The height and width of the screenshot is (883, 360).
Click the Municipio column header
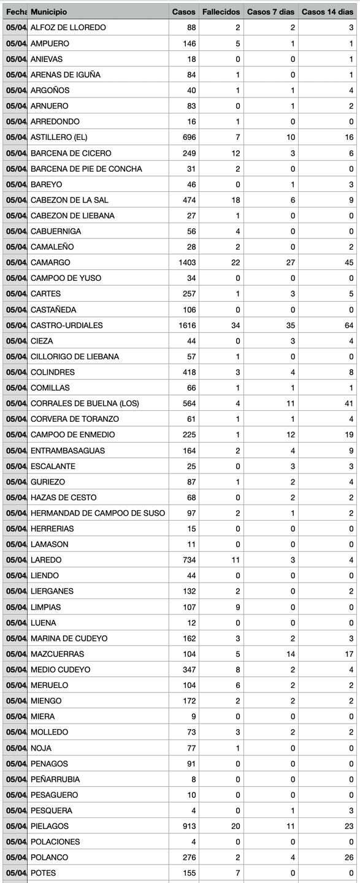pos(49,12)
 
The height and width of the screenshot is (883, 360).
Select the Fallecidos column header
pos(221,12)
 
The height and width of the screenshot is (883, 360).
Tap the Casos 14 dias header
pos(328,12)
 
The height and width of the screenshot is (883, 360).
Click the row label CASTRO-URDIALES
pos(67,325)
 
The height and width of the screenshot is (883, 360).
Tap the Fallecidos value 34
pos(236,325)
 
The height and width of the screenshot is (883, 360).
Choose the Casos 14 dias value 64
pos(349,325)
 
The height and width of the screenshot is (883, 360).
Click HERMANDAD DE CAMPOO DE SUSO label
pos(98,513)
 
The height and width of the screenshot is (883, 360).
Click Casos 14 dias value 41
pos(349,403)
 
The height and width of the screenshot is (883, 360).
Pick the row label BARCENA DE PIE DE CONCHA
pos(86,169)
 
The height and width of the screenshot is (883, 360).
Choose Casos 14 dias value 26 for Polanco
pos(349,857)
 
